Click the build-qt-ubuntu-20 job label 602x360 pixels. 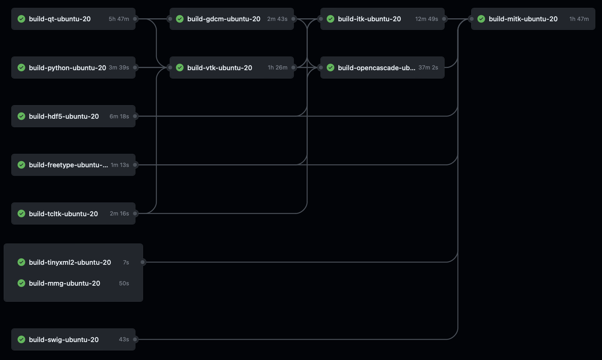(60, 19)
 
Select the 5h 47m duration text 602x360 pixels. (119, 19)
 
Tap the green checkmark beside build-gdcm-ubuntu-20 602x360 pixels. (180, 19)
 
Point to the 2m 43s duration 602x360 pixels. (277, 19)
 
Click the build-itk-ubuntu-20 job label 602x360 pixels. (369, 19)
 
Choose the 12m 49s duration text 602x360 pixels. (426, 19)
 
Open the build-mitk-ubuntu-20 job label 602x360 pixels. (523, 19)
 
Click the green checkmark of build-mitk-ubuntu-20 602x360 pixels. (481, 19)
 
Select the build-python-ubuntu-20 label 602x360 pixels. (68, 68)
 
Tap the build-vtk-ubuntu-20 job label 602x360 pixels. (220, 68)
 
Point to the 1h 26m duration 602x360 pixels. (277, 68)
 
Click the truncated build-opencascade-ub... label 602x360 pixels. (376, 68)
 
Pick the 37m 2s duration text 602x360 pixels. (428, 68)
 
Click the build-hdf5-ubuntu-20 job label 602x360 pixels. (64, 116)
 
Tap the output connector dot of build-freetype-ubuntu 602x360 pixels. (135, 165)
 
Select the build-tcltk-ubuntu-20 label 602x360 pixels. (63, 214)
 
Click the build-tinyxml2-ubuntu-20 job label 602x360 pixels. (70, 262)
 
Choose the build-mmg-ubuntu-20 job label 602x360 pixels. (65, 283)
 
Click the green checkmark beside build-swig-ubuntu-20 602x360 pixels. (22, 339)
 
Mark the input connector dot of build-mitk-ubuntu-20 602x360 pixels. (472, 19)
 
